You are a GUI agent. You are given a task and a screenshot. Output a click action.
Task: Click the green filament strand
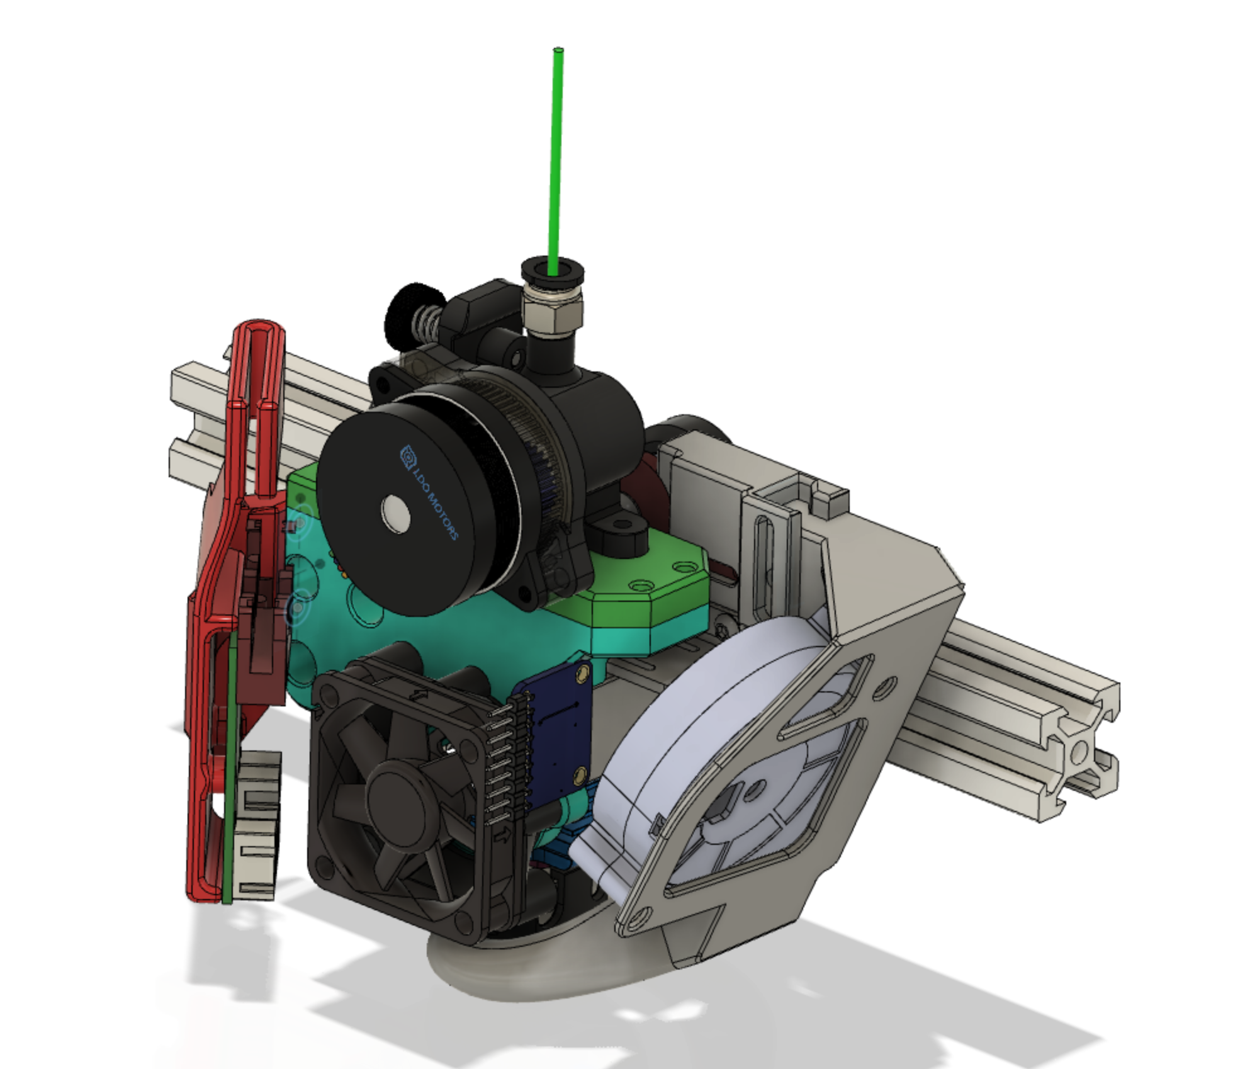(x=556, y=157)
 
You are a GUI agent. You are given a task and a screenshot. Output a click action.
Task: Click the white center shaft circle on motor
(x=396, y=513)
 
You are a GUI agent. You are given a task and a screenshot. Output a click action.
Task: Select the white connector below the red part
(x=258, y=825)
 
